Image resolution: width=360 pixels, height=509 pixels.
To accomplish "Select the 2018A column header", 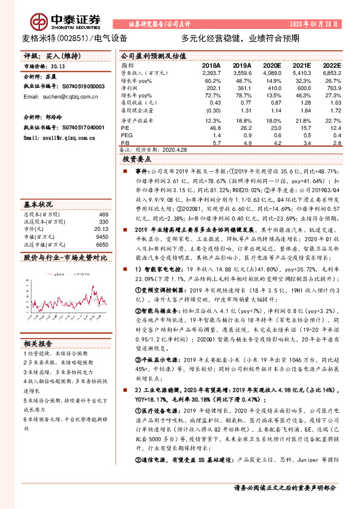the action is click(x=211, y=64).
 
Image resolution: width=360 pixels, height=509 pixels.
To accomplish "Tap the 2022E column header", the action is click(x=332, y=64).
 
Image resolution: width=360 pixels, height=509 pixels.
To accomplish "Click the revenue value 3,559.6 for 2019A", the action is click(x=241, y=71).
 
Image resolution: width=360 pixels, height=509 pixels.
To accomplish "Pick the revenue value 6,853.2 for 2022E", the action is click(x=332, y=71).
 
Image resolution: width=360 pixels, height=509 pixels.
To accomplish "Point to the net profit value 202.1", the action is click(x=212, y=87).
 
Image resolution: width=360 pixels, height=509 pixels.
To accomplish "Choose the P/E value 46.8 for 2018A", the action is click(x=212, y=128).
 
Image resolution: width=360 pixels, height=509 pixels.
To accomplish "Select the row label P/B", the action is click(x=126, y=144).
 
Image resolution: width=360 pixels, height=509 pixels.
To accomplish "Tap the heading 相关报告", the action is click(x=38, y=343).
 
